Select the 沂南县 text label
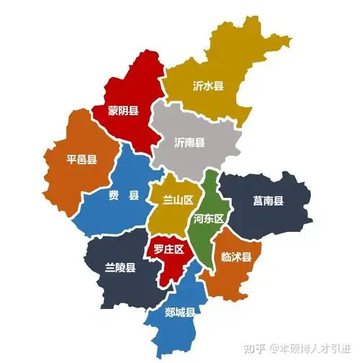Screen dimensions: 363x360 click(189, 142)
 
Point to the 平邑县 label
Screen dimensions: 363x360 click(81, 160)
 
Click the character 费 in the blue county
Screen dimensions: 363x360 click(114, 196)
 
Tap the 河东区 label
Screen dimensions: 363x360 click(210, 218)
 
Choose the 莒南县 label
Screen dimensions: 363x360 click(268, 200)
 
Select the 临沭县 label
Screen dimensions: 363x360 click(236, 256)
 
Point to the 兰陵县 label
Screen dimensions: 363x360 click(120, 268)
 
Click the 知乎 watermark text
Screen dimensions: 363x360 click(254, 348)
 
